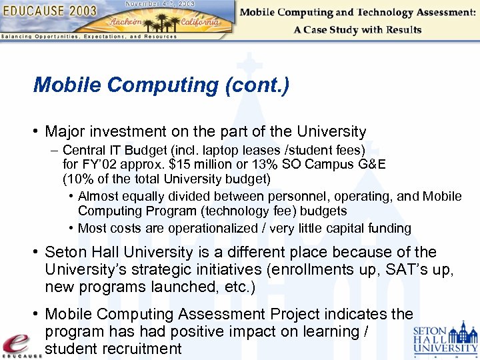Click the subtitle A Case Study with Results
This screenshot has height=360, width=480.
(357, 29)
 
